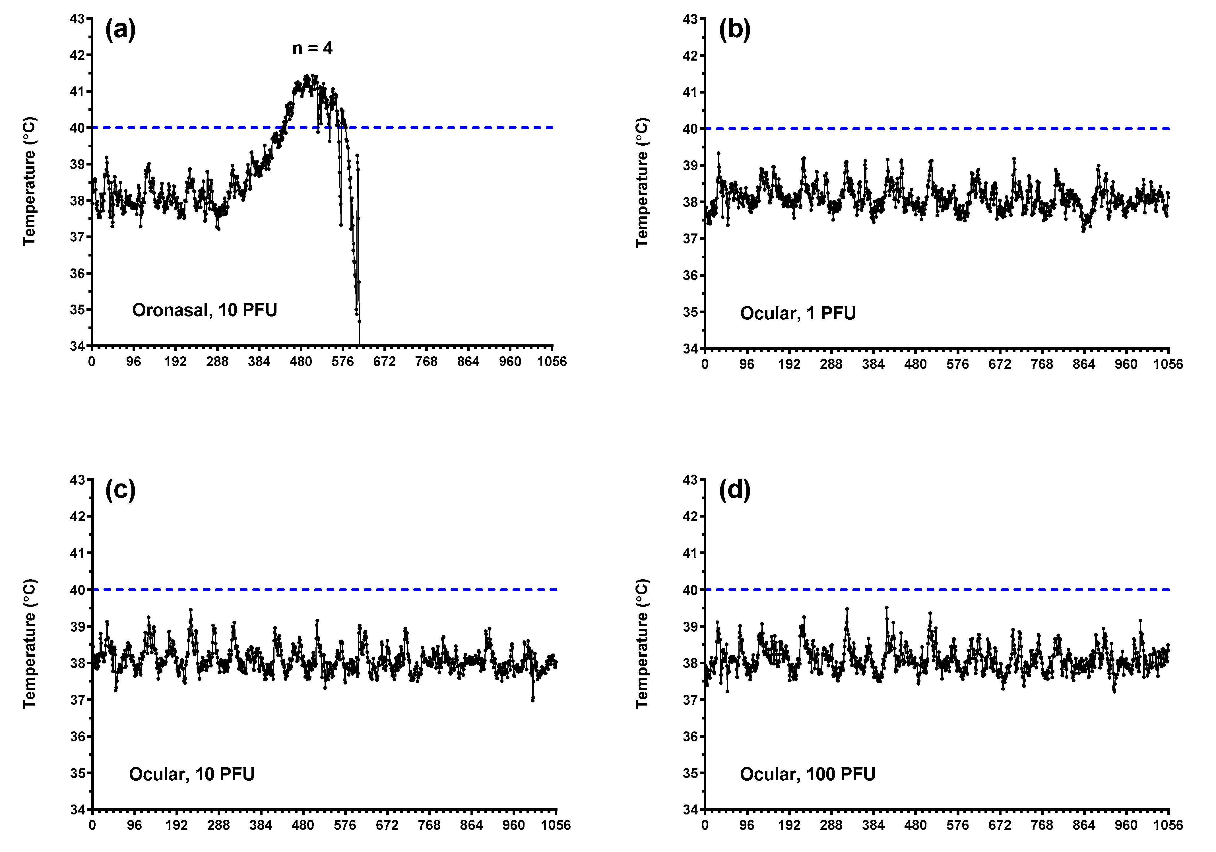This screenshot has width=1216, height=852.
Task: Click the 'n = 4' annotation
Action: [313, 48]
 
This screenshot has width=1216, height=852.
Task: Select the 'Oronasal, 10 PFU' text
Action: [205, 310]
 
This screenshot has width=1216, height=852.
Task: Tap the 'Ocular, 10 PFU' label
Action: [192, 774]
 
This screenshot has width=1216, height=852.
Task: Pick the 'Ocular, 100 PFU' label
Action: [807, 774]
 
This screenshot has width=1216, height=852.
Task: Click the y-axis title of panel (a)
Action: [29, 182]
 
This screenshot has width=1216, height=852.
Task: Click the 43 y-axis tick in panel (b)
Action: [690, 19]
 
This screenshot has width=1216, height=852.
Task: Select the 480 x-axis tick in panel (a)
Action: [301, 362]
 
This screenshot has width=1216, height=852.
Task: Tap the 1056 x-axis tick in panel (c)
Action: [556, 825]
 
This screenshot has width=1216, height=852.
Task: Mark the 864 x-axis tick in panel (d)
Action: [1084, 825]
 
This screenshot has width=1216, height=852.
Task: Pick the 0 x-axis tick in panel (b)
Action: [705, 364]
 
